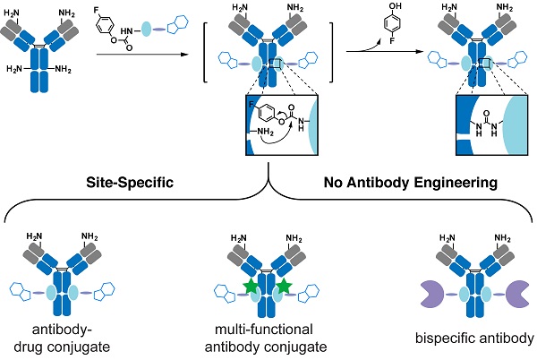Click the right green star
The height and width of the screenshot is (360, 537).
coord(285,287)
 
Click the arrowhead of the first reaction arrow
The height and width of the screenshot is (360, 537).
coord(190,55)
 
